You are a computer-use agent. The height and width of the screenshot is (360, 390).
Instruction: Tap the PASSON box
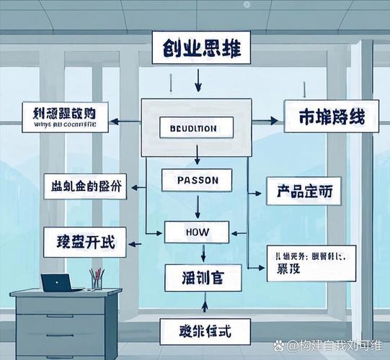(x=196, y=179)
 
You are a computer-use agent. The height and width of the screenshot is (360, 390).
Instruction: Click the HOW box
(x=196, y=232)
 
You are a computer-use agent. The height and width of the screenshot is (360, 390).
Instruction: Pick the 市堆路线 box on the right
(x=328, y=119)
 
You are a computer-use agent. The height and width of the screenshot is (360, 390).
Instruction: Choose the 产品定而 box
(x=303, y=192)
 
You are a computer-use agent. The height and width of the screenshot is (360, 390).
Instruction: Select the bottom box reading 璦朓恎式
(x=204, y=331)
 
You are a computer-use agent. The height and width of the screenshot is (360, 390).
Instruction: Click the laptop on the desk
(x=59, y=282)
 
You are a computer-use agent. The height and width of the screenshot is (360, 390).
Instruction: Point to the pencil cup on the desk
(x=96, y=280)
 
